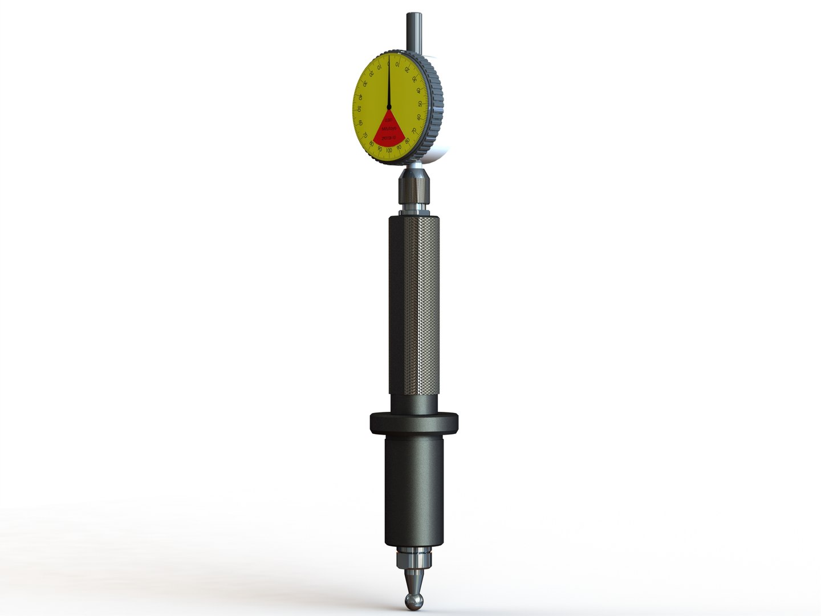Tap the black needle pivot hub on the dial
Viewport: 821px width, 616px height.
389,107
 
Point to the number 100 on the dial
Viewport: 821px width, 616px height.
389,151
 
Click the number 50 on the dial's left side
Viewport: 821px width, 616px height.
359,110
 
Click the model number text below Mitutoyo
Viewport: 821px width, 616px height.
389,138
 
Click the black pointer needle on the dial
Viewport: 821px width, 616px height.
389,83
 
